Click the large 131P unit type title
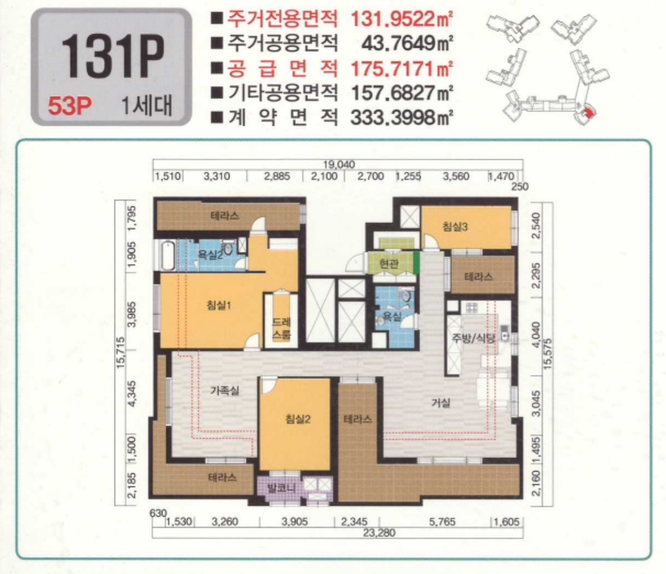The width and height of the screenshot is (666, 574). (x=112, y=58)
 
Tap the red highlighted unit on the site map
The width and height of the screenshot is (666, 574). (x=588, y=112)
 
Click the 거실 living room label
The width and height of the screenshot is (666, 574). (x=442, y=402)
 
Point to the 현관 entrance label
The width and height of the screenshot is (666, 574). (x=388, y=263)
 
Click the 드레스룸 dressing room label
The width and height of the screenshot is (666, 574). (x=281, y=328)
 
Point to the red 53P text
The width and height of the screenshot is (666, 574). (x=68, y=106)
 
